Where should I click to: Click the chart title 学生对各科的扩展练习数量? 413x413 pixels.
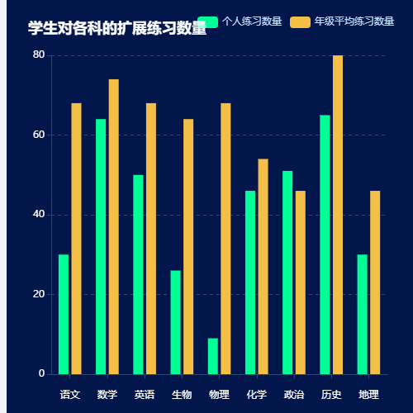click(116, 29)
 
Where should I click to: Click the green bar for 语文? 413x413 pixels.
click(64, 315)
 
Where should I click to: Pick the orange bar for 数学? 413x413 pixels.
click(114, 227)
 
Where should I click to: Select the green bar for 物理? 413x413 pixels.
click(213, 356)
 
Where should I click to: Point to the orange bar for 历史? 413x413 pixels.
click(338, 215)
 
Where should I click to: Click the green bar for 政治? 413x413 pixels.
click(287, 273)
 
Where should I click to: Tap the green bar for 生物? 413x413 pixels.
click(176, 322)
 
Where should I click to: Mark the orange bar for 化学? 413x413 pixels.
click(263, 267)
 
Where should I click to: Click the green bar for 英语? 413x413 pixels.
click(138, 274)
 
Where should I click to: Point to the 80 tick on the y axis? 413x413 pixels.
click(39, 55)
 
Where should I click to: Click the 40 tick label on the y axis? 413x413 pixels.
click(39, 215)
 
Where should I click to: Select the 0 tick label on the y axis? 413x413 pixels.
click(41, 374)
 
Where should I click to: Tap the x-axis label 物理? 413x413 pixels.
click(219, 394)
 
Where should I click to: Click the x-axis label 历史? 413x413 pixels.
click(331, 394)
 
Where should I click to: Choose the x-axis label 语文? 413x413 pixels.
click(70, 394)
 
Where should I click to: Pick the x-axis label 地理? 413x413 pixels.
click(368, 394)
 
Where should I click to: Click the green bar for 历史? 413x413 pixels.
click(325, 244)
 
